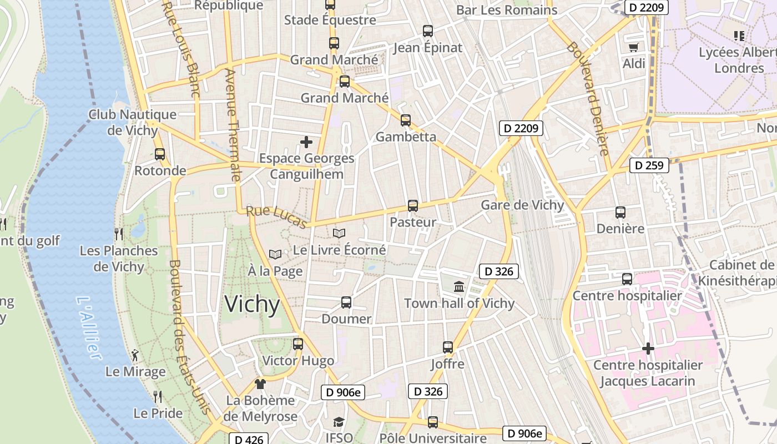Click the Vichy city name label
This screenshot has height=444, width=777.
(x=252, y=305)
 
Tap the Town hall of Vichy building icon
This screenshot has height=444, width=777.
(x=460, y=287)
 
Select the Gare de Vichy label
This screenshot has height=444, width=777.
(x=522, y=205)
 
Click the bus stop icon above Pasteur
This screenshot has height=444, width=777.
(x=412, y=206)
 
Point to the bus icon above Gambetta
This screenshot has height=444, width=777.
(x=406, y=120)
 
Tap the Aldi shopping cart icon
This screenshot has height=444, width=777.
(x=633, y=47)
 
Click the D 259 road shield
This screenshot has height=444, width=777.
(x=649, y=165)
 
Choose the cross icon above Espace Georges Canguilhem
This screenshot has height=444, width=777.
(x=306, y=142)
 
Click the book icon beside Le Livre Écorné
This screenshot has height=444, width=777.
(x=339, y=234)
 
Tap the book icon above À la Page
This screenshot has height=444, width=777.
(x=275, y=254)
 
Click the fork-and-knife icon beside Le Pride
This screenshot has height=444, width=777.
(x=158, y=397)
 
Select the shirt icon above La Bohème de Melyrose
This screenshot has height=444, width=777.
(x=260, y=384)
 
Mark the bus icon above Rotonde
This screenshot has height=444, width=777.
(x=160, y=154)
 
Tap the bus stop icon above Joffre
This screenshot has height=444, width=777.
(x=448, y=347)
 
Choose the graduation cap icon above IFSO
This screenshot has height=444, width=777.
(x=339, y=422)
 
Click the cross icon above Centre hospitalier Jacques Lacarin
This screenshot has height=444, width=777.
(x=648, y=349)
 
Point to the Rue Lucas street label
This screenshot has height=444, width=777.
(x=276, y=217)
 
